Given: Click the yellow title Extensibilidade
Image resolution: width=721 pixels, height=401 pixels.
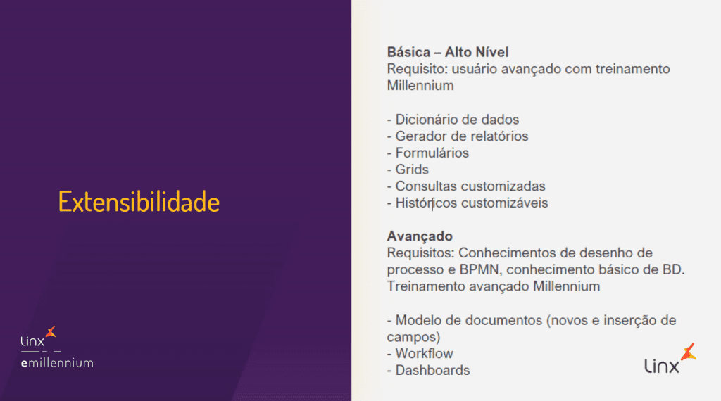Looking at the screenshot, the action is (139, 202).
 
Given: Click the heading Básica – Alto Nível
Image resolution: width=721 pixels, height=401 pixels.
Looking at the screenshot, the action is (448, 52).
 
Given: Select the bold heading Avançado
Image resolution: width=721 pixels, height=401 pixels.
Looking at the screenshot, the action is (420, 236).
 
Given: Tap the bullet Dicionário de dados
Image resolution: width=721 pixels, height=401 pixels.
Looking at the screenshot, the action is (453, 120).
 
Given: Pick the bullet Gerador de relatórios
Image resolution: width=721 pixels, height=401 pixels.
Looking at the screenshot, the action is (458, 136).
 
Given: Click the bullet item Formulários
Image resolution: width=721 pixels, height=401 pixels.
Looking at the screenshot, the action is (428, 153).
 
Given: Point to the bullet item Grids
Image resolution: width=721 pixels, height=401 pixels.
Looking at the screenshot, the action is (408, 170).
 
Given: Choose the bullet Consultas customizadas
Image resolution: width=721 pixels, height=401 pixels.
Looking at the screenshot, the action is (466, 186).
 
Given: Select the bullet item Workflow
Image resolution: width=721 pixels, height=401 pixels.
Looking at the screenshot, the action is (420, 354).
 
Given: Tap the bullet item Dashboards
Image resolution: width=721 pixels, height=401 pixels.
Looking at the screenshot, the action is (428, 370).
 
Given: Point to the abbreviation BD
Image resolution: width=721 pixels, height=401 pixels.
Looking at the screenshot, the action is (673, 269).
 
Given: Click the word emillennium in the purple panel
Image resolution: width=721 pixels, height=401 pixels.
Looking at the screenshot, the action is (57, 363).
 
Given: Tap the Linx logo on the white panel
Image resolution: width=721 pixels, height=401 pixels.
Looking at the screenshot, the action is (670, 359).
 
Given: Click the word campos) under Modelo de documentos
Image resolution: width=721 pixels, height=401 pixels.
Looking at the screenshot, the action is (413, 338).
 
